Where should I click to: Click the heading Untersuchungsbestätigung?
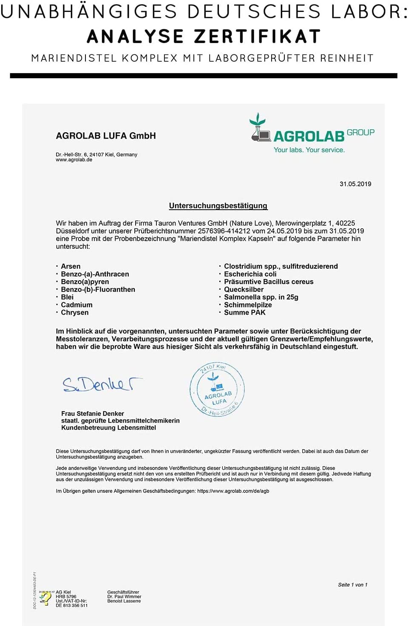click(x=218, y=206)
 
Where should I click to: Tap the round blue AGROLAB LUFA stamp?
click(x=217, y=390)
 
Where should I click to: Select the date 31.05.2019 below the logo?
click(x=355, y=184)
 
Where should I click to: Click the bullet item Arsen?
click(x=71, y=266)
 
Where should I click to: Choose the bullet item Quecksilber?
click(x=244, y=289)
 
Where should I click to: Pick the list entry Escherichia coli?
click(x=250, y=274)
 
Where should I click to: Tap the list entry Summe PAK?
click(x=244, y=312)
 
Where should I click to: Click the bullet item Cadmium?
click(x=76, y=304)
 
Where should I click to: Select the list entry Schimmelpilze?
click(x=248, y=304)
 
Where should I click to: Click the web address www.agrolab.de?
click(x=74, y=160)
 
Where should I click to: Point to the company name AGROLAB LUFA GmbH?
click(x=106, y=136)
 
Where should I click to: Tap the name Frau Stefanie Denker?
click(x=93, y=413)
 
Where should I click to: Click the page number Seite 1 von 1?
click(x=352, y=585)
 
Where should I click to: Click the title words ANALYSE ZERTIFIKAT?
click(x=204, y=37)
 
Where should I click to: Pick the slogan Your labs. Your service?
click(x=309, y=150)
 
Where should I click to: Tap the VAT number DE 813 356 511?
click(x=71, y=606)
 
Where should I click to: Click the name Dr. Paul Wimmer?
click(x=124, y=597)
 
